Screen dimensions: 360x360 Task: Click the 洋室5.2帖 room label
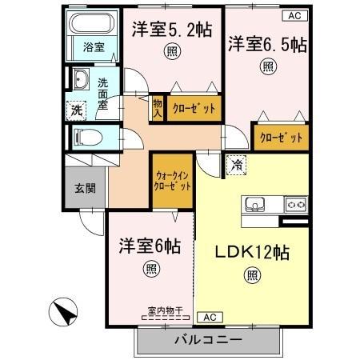point(172,30)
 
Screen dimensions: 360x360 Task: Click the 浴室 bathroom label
point(94,48)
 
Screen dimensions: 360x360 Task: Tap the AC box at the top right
point(294,15)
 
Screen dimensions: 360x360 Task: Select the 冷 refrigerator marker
point(237,165)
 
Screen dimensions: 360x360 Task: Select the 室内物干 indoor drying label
point(164,310)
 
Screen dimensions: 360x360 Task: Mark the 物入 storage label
point(158,106)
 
